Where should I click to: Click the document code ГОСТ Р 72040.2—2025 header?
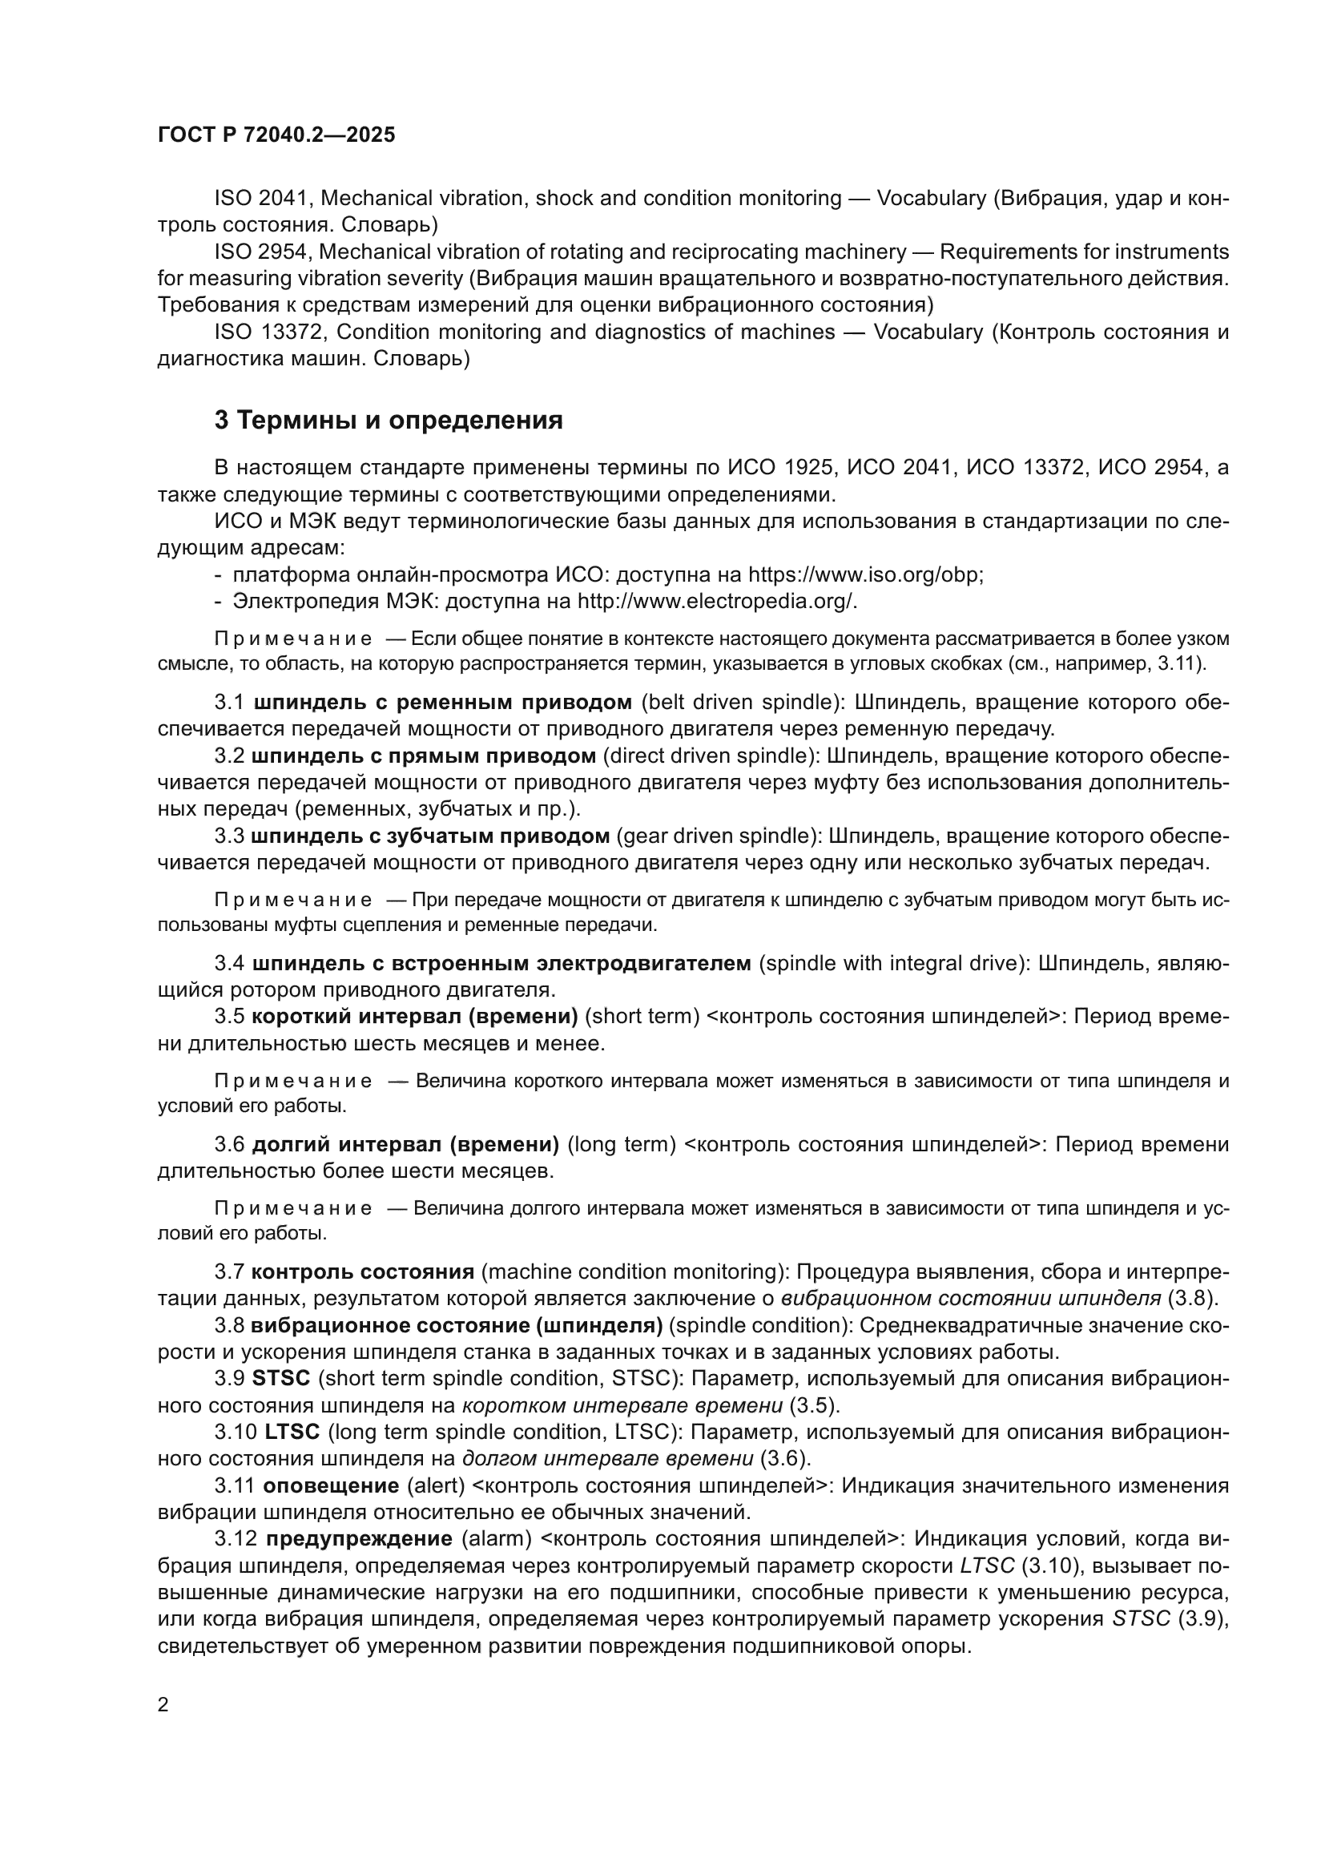(x=276, y=135)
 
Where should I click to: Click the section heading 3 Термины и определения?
(x=389, y=421)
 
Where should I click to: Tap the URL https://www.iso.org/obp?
(x=865, y=574)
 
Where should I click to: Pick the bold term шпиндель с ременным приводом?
(x=443, y=703)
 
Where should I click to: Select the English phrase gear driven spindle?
(x=717, y=836)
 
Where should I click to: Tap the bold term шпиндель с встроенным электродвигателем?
(x=501, y=964)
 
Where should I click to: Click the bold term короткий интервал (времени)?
(x=414, y=1017)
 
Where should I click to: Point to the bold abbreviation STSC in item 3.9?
(x=281, y=1379)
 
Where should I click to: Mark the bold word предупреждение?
(x=360, y=1539)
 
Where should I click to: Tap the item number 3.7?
(x=229, y=1271)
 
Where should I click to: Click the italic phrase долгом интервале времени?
(x=608, y=1458)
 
